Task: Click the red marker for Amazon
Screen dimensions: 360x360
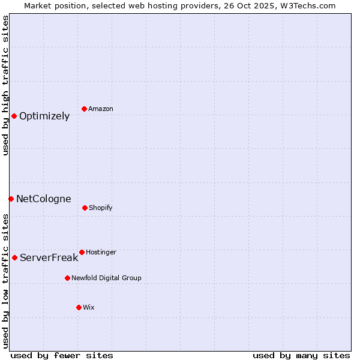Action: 84,109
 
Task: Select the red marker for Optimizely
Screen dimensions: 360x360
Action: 14,116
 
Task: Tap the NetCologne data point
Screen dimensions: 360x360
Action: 11,199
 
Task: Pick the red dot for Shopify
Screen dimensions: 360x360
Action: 85,208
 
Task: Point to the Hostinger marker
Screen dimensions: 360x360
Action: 82,252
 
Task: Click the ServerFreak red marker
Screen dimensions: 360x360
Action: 14,257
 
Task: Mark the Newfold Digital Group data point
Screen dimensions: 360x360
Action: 67,278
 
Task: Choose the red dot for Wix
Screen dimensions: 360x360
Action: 79,307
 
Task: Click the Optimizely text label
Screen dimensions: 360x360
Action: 44,116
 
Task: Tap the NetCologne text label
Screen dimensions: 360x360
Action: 44,199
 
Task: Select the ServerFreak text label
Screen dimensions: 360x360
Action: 49,257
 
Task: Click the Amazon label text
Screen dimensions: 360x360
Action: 101,109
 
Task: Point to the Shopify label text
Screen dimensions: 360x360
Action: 101,208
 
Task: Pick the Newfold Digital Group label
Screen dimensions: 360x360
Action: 107,278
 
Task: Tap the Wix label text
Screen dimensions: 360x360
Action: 89,307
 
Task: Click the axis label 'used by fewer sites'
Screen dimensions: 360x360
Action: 62,355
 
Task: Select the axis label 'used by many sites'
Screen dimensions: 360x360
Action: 301,355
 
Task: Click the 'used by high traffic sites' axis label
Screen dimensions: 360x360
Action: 5,86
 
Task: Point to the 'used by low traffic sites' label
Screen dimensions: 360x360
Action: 5,281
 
